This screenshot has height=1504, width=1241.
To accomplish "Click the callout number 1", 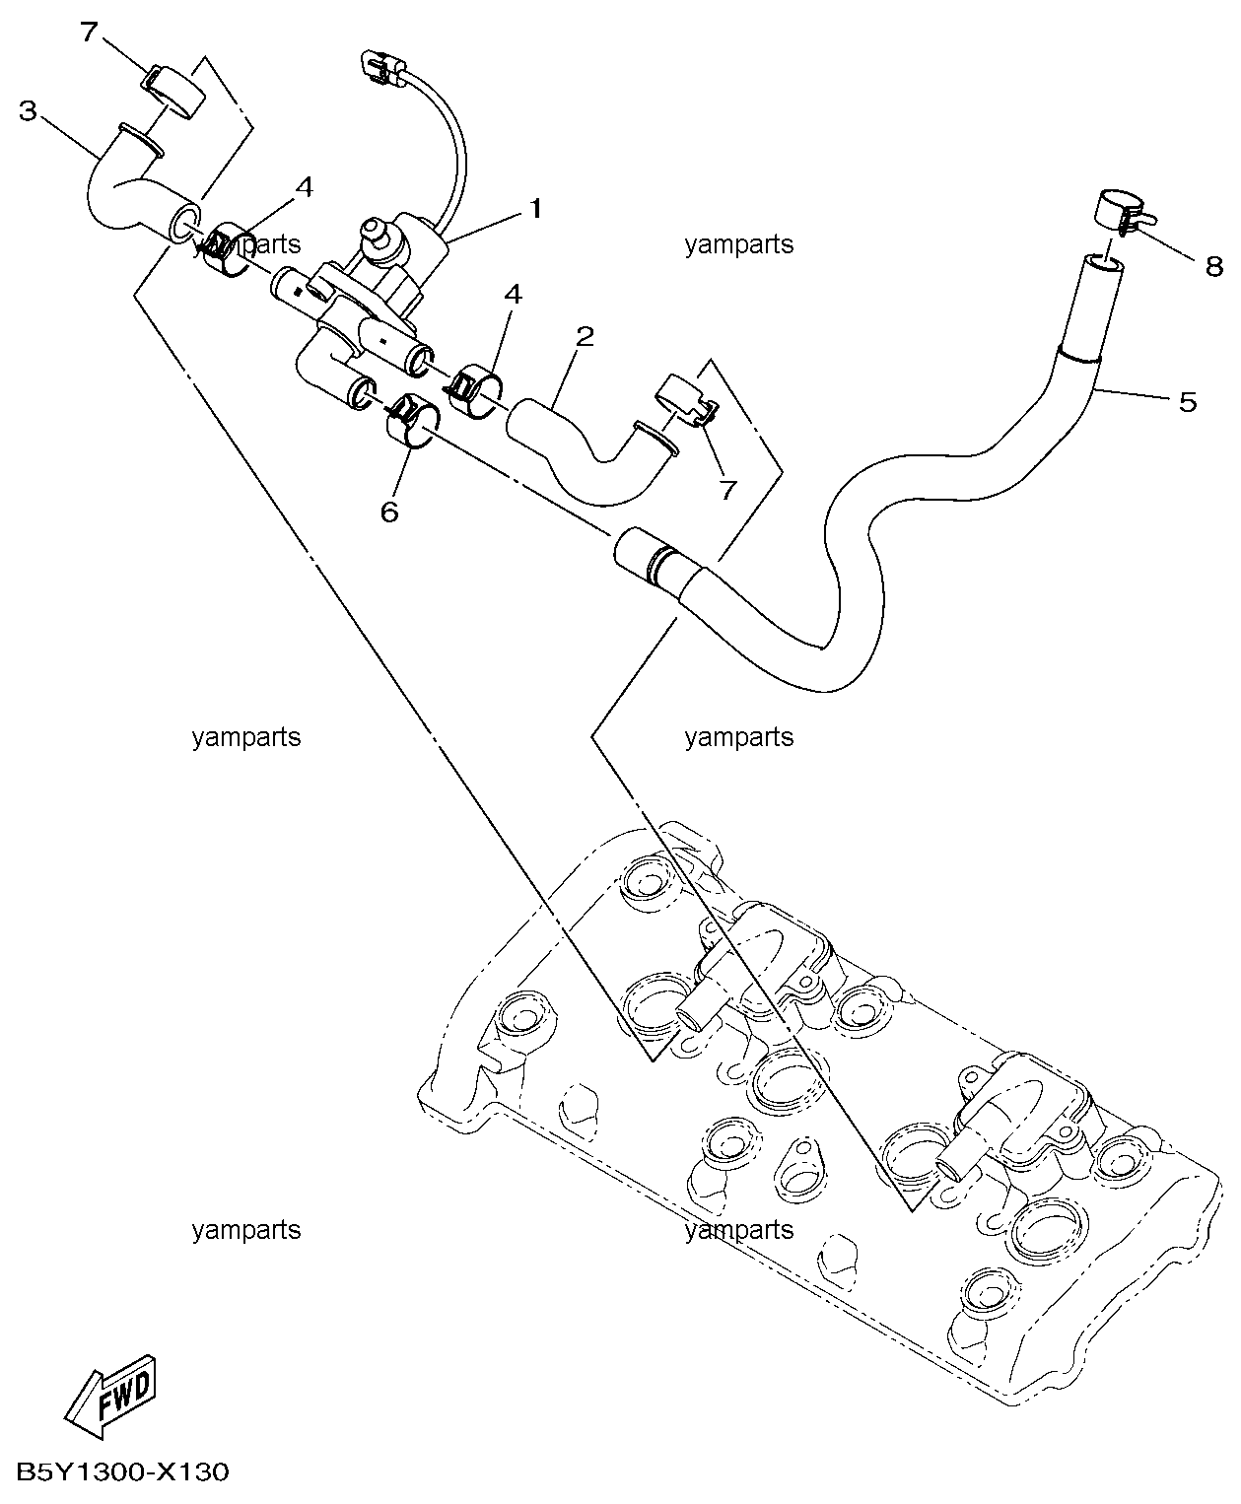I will click(x=535, y=209).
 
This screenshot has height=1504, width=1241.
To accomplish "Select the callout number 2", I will click(x=585, y=337).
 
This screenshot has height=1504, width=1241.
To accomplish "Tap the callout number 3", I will click(x=28, y=110).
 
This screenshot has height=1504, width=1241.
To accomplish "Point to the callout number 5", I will click(x=1188, y=401).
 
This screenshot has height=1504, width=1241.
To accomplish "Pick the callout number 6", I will click(x=389, y=512).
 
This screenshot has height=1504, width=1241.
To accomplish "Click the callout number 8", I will click(x=1213, y=265).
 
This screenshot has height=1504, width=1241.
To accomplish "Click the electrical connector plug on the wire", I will click(x=381, y=65).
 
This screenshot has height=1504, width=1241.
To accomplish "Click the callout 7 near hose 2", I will click(x=728, y=489).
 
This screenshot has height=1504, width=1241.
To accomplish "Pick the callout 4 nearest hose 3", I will click(x=305, y=187).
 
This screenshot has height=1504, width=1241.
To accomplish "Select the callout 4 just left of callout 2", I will click(x=513, y=295).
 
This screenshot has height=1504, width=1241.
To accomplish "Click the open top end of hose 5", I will click(x=1104, y=264).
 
